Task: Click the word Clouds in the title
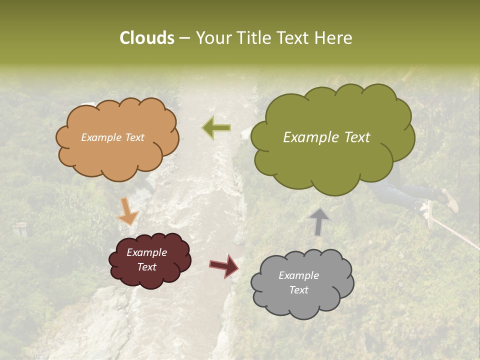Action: pyautogui.click(x=146, y=38)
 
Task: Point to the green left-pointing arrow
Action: pyautogui.click(x=216, y=128)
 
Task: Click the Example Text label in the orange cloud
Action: pyautogui.click(x=112, y=137)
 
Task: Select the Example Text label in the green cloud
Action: pyautogui.click(x=326, y=137)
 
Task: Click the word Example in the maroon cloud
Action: pyautogui.click(x=146, y=252)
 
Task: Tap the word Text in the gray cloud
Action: pyautogui.click(x=298, y=290)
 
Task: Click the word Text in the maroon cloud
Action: pyautogui.click(x=146, y=267)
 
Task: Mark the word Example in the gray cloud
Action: pyautogui.click(x=298, y=275)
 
